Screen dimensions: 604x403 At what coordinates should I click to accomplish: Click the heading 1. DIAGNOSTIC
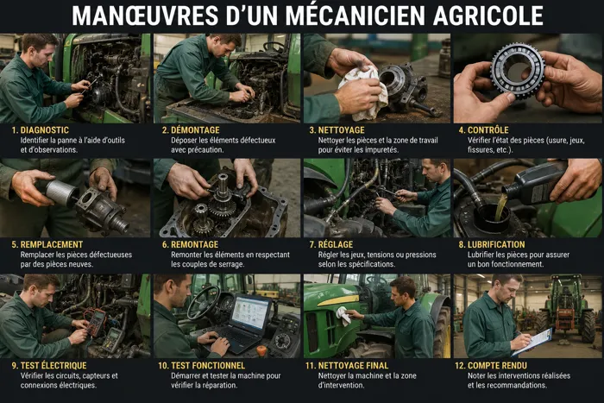coord(40,130)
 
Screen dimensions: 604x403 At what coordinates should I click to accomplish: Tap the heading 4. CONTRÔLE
coord(483,130)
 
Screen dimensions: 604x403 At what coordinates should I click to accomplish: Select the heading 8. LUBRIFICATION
coord(492,245)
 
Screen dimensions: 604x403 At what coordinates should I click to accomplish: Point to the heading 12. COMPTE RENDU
coord(491,366)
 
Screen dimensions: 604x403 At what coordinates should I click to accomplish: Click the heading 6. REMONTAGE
coord(191,245)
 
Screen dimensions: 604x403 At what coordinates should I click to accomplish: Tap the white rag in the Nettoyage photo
coord(364,93)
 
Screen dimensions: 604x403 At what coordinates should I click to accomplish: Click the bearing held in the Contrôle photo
coord(519,71)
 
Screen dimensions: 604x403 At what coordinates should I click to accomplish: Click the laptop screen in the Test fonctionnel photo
coord(250,312)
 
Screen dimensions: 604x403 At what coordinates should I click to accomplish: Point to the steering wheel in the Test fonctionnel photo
coord(204,302)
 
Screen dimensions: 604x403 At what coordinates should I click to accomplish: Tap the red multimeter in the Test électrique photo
coord(96,322)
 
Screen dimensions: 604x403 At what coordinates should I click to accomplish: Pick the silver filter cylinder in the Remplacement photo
coord(60,192)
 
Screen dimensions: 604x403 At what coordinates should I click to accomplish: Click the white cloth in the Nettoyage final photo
coord(344,316)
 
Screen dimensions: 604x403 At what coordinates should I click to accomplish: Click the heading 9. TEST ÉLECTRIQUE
coord(49,366)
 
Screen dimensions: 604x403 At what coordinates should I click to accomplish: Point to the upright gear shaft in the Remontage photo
coord(223,187)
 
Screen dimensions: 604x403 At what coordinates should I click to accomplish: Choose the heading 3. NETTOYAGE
coord(337,130)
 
